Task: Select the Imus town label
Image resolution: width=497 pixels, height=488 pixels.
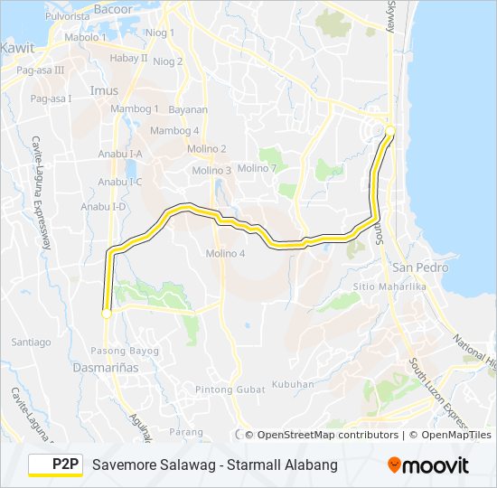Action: (x=104, y=90)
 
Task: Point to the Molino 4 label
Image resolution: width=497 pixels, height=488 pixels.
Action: (x=225, y=253)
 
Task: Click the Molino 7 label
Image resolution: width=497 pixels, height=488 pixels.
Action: (x=257, y=168)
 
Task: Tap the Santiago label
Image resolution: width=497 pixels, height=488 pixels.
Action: (x=32, y=343)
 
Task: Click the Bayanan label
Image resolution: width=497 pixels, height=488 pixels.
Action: (x=187, y=110)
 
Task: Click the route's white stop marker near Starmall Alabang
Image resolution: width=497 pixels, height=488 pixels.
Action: (x=390, y=131)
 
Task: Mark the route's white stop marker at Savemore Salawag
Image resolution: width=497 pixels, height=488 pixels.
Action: (x=107, y=314)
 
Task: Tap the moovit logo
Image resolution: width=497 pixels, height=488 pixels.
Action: (x=428, y=465)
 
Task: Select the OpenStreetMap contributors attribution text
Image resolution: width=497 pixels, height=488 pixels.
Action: (x=328, y=435)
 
